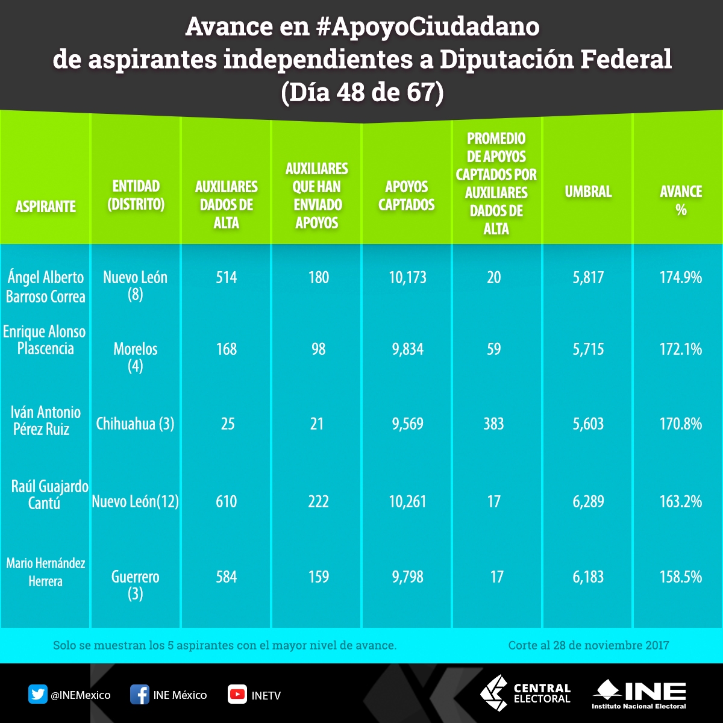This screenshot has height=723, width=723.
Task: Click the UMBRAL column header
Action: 588,192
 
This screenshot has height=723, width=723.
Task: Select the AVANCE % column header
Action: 681,201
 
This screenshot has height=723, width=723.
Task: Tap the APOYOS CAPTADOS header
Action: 407,195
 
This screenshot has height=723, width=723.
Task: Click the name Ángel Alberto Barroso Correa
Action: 46,287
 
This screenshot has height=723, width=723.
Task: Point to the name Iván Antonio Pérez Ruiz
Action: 46,421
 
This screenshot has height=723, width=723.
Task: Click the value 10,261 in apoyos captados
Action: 408,501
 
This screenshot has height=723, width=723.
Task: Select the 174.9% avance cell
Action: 681,277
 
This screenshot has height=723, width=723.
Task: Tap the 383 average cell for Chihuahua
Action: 493,424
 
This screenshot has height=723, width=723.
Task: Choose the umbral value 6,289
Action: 589,501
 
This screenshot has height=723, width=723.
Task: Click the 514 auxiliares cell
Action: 227,277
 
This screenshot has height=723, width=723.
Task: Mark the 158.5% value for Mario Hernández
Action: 681,577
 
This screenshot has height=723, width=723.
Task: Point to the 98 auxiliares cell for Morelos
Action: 318,349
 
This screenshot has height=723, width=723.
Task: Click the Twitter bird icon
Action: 38,695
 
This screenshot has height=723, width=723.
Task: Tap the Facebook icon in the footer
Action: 140,695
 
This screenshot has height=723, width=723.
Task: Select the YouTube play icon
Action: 237,695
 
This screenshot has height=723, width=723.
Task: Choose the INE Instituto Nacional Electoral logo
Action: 639,694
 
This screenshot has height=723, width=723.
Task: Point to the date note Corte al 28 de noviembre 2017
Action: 589,645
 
